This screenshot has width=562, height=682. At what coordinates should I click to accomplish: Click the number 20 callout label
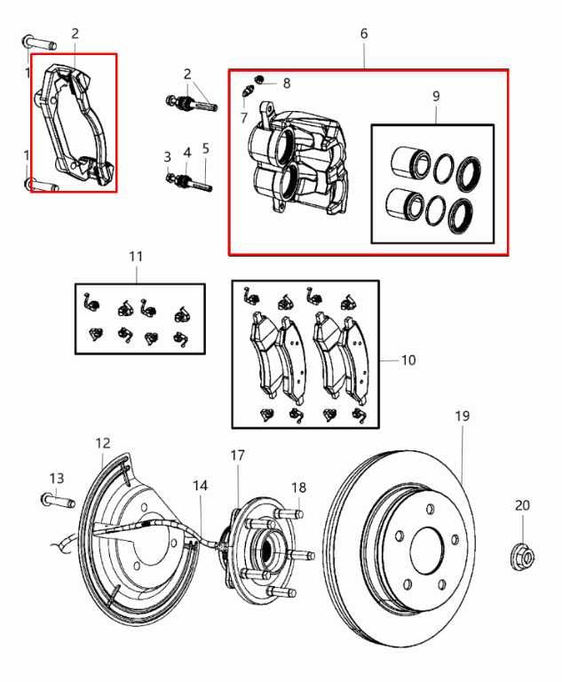coord(522,505)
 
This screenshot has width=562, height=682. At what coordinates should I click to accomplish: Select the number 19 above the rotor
coord(462,416)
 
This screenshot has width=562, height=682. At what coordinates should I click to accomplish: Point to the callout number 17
coord(238,456)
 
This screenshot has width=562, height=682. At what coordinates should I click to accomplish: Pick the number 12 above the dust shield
coord(103,442)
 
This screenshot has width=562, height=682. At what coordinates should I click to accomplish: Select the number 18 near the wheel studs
coord(299,488)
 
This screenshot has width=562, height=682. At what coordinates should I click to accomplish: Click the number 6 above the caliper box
coord(364,34)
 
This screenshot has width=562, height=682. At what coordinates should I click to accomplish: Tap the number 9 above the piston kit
coord(436,95)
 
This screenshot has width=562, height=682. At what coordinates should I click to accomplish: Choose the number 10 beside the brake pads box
coord(408,361)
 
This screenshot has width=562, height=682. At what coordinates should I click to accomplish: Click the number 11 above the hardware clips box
coord(135,256)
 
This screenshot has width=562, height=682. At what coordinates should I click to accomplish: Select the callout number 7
coord(243,116)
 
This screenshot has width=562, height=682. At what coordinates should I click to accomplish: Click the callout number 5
coord(206,149)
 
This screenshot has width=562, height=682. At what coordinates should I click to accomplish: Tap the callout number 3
coord(167,156)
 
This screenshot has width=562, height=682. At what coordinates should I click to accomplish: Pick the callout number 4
coord(186,152)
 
